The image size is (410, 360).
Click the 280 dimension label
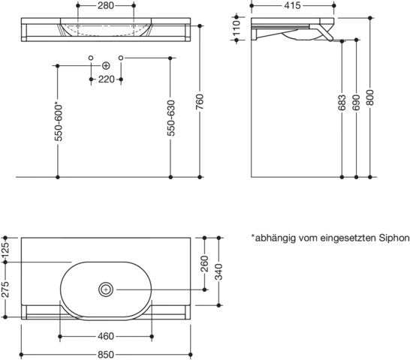click(106, 5)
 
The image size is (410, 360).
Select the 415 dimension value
click(292, 5)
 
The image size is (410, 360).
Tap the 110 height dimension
click(237, 28)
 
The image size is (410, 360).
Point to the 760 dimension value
click(200, 102)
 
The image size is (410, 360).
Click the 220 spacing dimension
click(106, 79)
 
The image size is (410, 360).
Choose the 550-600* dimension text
click(58, 122)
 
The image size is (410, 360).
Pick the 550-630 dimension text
click(170, 118)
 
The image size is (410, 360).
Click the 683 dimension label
click(342, 103)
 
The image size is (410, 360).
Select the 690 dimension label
click(356, 103)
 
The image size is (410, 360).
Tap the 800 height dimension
click(369, 97)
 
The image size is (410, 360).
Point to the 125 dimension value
click(5, 250)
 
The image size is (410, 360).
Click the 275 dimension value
click(5, 289)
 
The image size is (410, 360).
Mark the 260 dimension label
click(205, 263)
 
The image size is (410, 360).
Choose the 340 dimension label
click(219, 271)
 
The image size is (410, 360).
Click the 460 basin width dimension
click(106, 336)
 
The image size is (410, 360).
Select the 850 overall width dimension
click(106, 355)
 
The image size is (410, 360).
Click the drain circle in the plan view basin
click(106, 289)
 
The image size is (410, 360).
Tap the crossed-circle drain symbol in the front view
click(106, 66)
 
